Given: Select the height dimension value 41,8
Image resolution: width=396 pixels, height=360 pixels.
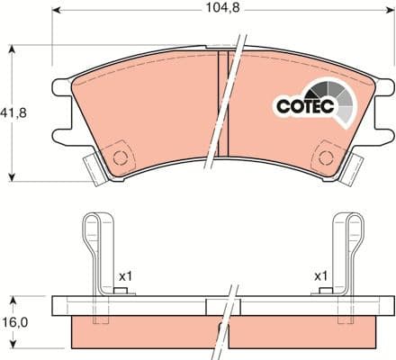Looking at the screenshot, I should (x=12, y=113).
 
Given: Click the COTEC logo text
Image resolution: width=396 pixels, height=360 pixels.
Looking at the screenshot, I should (x=304, y=106).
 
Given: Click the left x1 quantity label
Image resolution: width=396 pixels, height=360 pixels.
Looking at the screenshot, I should (x=125, y=275).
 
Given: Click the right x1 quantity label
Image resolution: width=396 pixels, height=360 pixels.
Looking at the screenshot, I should (x=320, y=275).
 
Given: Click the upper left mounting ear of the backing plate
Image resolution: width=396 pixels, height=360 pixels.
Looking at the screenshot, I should (x=60, y=89).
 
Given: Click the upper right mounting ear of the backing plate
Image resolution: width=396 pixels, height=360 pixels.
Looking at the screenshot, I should (x=384, y=89).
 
